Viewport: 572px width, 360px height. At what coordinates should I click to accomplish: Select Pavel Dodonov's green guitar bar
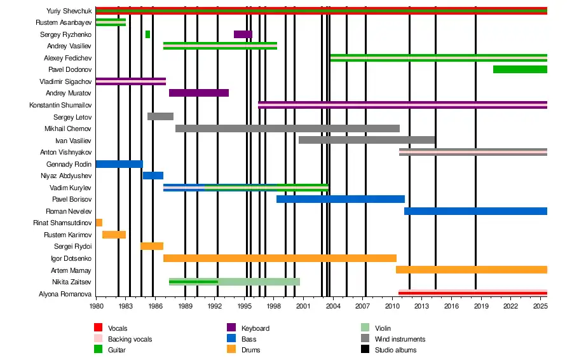[519, 69]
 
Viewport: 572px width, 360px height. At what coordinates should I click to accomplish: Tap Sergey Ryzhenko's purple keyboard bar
[243, 34]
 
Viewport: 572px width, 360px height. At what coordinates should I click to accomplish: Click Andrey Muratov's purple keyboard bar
[199, 93]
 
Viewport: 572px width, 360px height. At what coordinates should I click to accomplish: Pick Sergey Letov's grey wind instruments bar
[160, 116]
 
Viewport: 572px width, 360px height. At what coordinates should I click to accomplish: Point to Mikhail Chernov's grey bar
[287, 128]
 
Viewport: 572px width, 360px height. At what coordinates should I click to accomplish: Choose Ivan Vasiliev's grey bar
[367, 140]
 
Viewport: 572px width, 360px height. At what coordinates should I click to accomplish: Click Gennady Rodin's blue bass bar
[119, 164]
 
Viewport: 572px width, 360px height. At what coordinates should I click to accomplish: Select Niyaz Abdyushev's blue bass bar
[153, 176]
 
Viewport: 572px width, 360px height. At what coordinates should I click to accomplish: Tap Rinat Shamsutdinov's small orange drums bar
[99, 223]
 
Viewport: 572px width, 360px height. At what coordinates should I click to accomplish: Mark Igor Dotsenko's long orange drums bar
[280, 258]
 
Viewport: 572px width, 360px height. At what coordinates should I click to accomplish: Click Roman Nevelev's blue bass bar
[475, 211]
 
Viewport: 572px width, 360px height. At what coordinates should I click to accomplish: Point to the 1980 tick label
[96, 306]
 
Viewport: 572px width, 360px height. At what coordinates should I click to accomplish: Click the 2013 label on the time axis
[422, 306]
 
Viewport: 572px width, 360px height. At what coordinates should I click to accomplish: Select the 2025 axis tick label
[540, 306]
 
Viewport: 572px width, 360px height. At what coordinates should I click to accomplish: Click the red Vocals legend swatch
[99, 328]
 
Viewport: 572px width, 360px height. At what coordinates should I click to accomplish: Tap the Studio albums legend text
[396, 350]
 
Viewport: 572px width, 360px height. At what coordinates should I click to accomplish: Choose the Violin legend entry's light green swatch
[365, 328]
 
